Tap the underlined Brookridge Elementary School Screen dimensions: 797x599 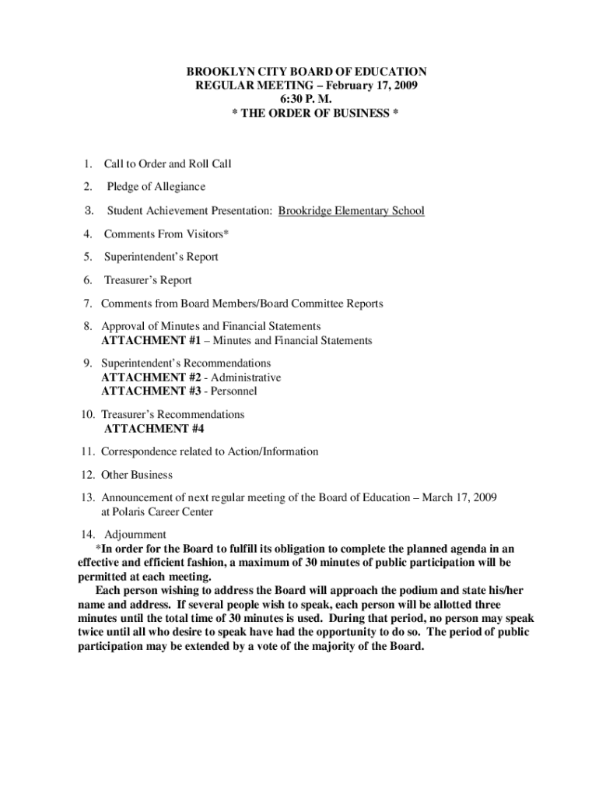(x=352, y=211)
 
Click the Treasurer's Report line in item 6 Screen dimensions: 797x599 (x=148, y=280)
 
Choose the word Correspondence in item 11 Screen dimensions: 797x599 (x=139, y=451)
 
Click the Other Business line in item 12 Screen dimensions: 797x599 (x=137, y=475)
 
